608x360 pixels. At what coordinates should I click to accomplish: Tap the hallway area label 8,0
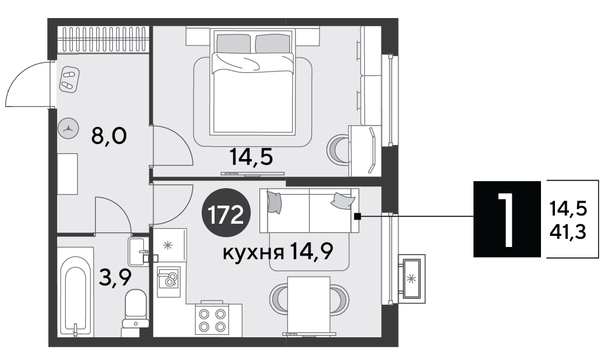click(108, 136)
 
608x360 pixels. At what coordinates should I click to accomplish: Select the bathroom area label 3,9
click(115, 277)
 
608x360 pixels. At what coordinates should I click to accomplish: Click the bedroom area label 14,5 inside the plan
click(251, 157)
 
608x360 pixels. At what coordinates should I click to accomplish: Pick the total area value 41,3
click(568, 232)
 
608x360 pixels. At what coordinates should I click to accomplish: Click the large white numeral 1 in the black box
click(506, 220)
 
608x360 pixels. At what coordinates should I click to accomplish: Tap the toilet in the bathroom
click(135, 309)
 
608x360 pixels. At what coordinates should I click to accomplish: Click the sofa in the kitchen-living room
click(309, 211)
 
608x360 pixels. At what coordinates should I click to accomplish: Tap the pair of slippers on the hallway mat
click(69, 79)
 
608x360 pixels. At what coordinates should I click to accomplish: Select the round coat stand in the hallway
click(68, 128)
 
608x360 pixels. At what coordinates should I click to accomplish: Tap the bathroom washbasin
click(138, 252)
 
